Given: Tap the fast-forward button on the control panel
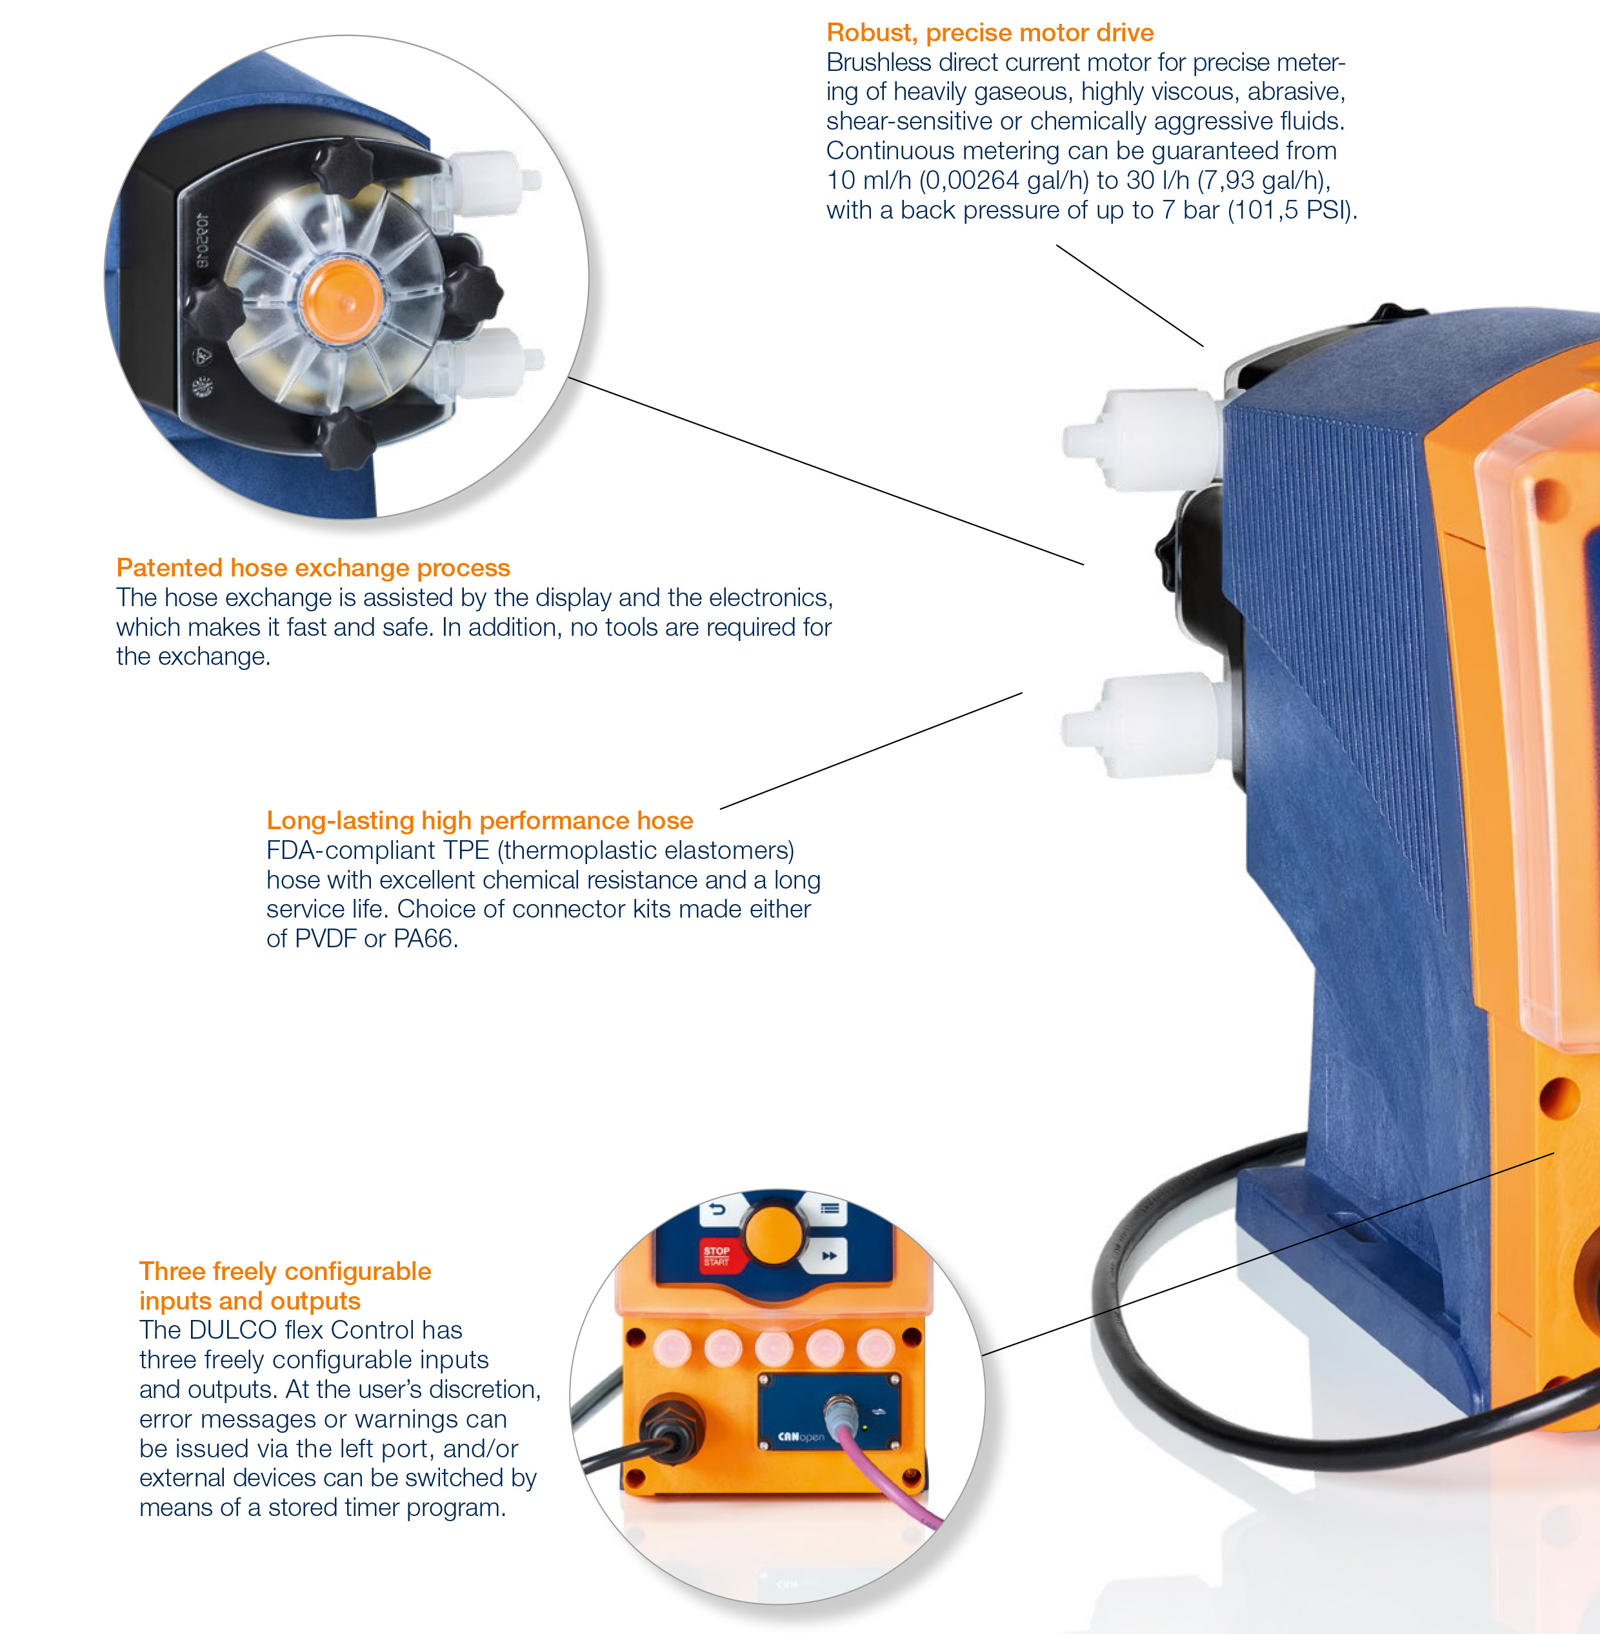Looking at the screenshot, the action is click(x=828, y=1255).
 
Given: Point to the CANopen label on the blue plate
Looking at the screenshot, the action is click(x=801, y=1437).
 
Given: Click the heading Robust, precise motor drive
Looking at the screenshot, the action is click(x=990, y=33).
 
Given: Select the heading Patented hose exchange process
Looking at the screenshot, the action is click(x=313, y=568).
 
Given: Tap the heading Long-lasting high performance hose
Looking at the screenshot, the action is click(x=480, y=821).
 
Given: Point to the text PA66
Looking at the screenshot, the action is click(x=425, y=938).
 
